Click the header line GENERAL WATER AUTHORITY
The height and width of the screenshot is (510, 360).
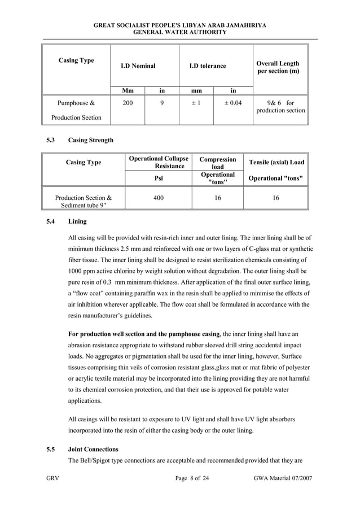click(x=179, y=32)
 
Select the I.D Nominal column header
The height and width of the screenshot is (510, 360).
click(x=138, y=66)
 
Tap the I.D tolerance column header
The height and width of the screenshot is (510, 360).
click(x=207, y=66)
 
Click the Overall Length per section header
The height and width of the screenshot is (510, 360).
click(x=278, y=67)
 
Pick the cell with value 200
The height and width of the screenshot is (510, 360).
click(x=128, y=103)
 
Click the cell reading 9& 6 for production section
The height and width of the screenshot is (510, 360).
click(x=280, y=107)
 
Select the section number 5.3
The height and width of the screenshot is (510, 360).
click(x=50, y=140)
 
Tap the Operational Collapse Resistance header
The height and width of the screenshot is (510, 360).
click(x=159, y=162)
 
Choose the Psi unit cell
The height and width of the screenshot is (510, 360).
click(x=159, y=179)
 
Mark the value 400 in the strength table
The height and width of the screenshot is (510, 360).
click(x=159, y=198)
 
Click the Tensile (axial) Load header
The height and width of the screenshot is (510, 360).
click(x=276, y=162)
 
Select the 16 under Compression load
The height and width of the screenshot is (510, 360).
click(x=218, y=198)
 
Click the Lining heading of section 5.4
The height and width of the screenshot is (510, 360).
click(x=77, y=223)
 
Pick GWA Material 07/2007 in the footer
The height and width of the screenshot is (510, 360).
click(x=283, y=479)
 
